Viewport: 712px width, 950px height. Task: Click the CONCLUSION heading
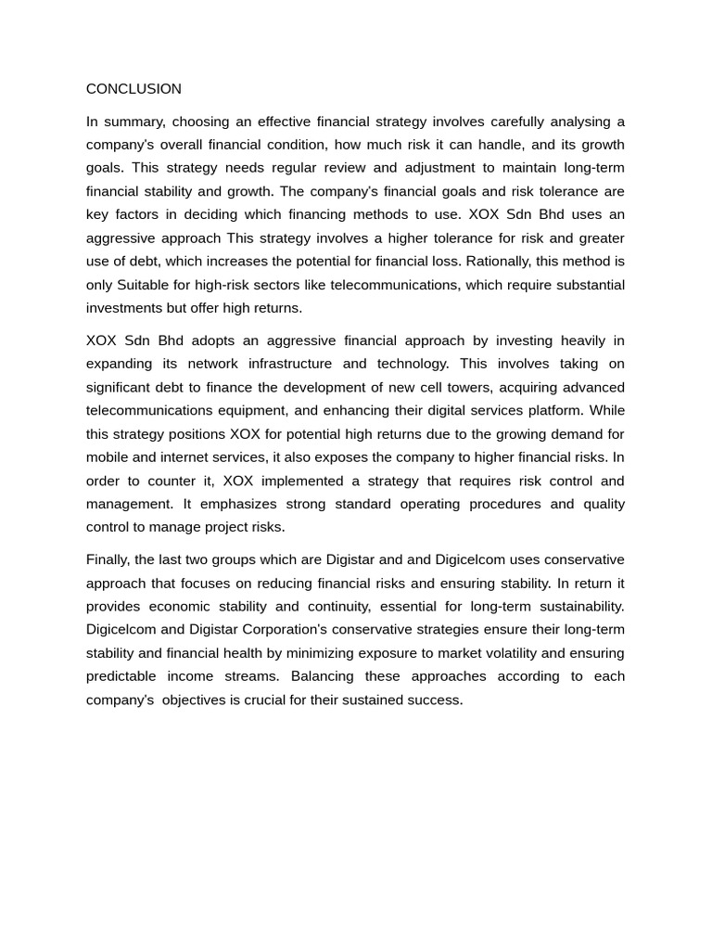pos(133,89)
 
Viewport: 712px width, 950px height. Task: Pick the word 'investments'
pos(124,308)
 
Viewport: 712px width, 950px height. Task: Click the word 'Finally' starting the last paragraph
pos(108,559)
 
